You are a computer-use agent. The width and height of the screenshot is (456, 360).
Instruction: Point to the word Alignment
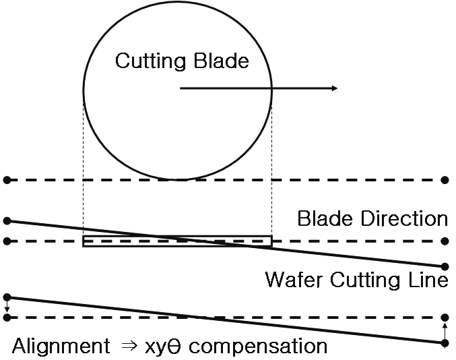click(x=61, y=347)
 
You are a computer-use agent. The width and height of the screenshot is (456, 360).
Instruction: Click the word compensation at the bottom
click(x=269, y=347)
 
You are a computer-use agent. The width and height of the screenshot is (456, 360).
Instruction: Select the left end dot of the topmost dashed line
click(x=7, y=180)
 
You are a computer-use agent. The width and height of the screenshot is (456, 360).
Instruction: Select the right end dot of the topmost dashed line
click(x=445, y=180)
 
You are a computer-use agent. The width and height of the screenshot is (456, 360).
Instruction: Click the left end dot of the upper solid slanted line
click(x=7, y=220)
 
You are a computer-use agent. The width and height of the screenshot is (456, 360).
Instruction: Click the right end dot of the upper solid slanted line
click(x=445, y=266)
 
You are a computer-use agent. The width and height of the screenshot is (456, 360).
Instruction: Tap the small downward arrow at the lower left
click(x=7, y=307)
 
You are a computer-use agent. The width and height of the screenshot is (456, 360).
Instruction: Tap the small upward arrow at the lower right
click(x=445, y=330)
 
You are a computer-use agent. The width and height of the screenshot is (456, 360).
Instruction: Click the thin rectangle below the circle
click(x=177, y=241)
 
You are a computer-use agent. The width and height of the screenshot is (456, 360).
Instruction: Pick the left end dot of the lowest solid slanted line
click(x=7, y=297)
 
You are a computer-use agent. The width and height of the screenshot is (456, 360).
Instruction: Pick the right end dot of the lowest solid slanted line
click(x=445, y=343)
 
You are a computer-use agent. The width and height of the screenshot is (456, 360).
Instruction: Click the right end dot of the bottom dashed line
click(x=445, y=317)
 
